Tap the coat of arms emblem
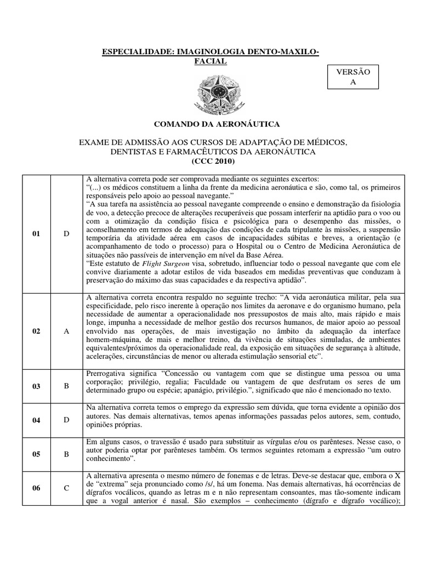coord(210,93)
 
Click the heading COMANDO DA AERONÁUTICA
coord(210,124)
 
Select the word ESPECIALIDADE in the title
coord(137,51)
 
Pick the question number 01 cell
coord(36,233)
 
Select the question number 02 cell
coord(36,331)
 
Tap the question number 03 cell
coord(36,386)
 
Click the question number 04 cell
coord(36,420)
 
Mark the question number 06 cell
coord(36,488)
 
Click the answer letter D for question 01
coord(66,233)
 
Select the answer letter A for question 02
coord(66,331)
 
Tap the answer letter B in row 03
coord(66,386)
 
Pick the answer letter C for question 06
coord(66,488)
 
